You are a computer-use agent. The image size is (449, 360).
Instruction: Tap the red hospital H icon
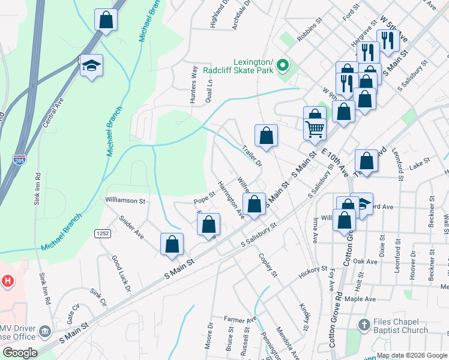pos(8,280)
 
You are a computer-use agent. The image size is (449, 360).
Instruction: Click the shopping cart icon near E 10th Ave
pos(315,128)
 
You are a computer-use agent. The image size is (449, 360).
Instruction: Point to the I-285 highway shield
pos(19,160)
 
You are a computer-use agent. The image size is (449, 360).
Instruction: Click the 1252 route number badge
pos(100,232)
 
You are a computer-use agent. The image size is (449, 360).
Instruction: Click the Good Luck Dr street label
pos(121,274)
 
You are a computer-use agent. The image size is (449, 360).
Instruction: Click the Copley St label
pos(268,265)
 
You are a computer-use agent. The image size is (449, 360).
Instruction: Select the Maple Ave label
pos(360,299)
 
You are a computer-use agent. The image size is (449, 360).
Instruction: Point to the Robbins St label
pos(310,36)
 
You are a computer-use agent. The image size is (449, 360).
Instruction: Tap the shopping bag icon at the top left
pos(106,19)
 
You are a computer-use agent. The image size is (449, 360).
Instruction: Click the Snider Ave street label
pos(131,227)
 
